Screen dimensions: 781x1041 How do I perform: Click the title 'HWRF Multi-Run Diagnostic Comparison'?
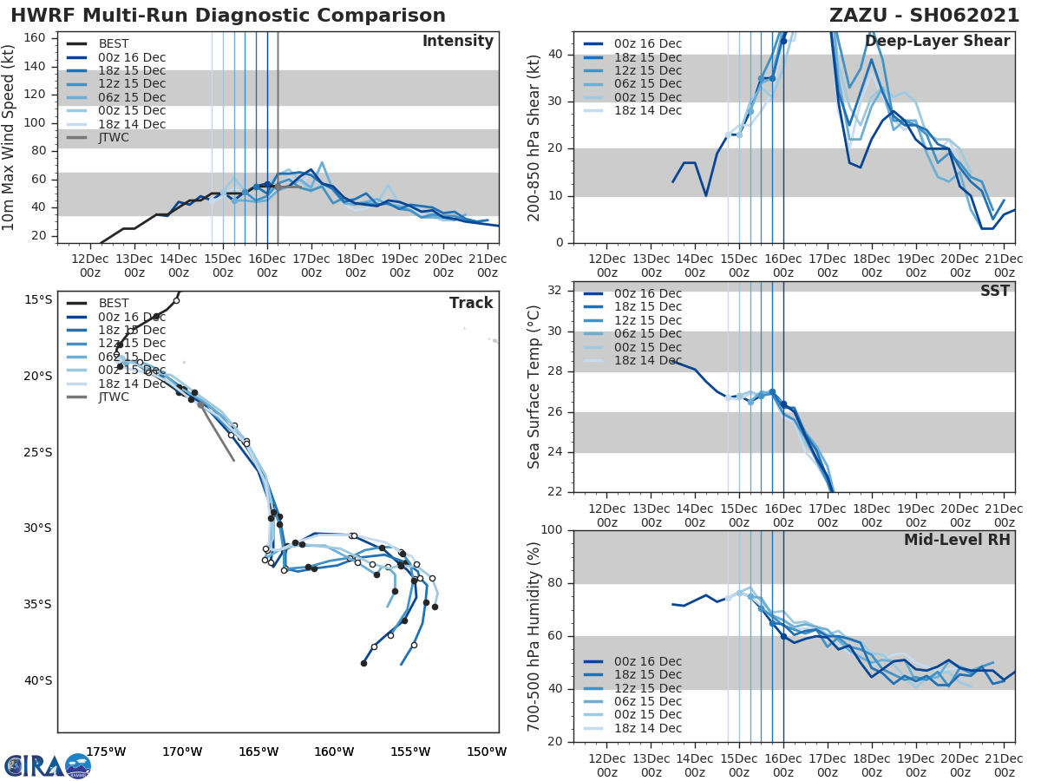click(x=228, y=16)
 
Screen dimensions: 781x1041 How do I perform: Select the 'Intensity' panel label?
click(x=457, y=42)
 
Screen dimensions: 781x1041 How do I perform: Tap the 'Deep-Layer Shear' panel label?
click(x=937, y=42)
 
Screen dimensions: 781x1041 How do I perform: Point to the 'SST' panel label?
click(x=995, y=292)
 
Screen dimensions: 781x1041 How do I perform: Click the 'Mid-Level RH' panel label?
click(x=957, y=541)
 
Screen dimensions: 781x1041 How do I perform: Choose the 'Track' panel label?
click(x=471, y=303)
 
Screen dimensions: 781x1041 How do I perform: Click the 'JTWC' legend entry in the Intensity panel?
click(x=114, y=137)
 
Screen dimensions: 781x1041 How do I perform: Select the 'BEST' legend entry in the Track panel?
click(x=114, y=304)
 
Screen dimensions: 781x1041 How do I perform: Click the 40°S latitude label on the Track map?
click(x=37, y=680)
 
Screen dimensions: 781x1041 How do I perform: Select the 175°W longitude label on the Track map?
click(x=106, y=751)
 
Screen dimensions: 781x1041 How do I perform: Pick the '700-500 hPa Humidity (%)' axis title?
click(x=534, y=636)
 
